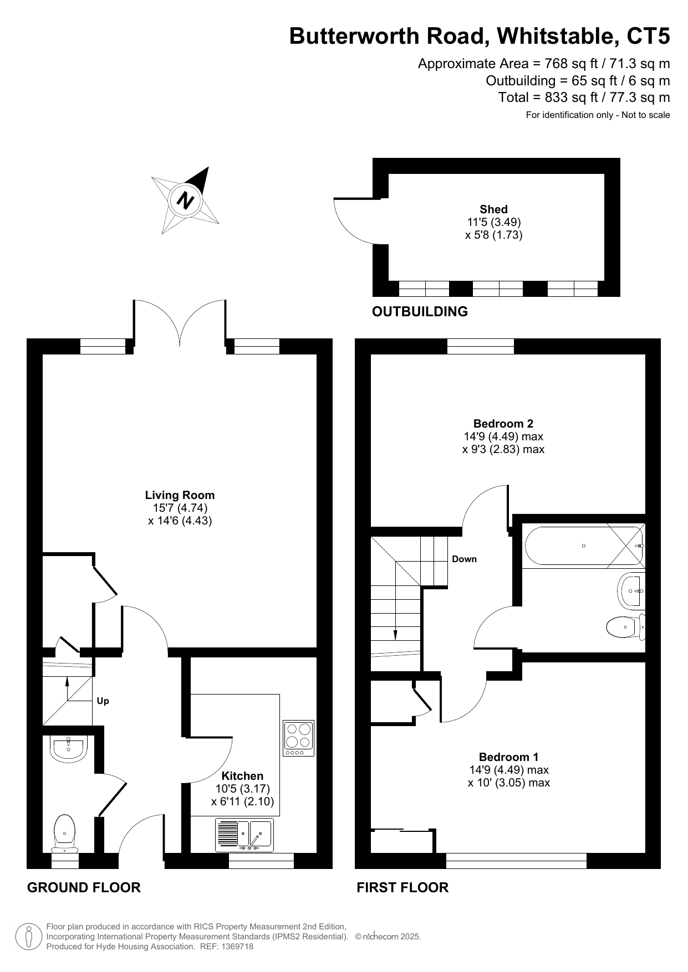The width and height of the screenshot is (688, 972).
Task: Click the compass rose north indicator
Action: pyautogui.click(x=185, y=199)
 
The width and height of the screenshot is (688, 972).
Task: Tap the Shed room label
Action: pyautogui.click(x=493, y=209)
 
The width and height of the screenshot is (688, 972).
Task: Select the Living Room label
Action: pyautogui.click(x=180, y=495)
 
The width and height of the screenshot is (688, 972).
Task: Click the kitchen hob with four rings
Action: pyautogui.click(x=298, y=738)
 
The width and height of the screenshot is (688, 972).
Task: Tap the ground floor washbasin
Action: pyautogui.click(x=68, y=749)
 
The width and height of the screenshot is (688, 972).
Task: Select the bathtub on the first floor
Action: pyautogui.click(x=583, y=546)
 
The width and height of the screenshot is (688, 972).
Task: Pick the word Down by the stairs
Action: pyautogui.click(x=464, y=559)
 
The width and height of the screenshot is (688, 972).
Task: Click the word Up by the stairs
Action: pyautogui.click(x=103, y=701)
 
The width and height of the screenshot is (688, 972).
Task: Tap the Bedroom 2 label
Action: pyautogui.click(x=503, y=424)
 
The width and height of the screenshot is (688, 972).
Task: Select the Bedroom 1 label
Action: pyautogui.click(x=508, y=757)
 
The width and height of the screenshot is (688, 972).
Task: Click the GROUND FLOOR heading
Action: pyautogui.click(x=84, y=888)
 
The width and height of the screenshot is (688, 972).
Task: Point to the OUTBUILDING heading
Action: pyautogui.click(x=420, y=312)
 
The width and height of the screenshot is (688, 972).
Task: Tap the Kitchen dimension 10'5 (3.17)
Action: pyautogui.click(x=243, y=789)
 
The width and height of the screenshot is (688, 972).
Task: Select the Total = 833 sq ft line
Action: pyautogui.click(x=584, y=97)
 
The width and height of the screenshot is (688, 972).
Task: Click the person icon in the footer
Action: pyautogui.click(x=29, y=937)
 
